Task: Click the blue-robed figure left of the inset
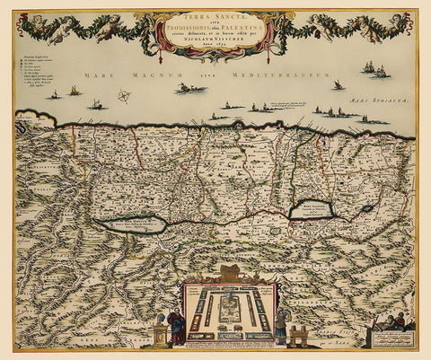pyautogui.click(x=176, y=327)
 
